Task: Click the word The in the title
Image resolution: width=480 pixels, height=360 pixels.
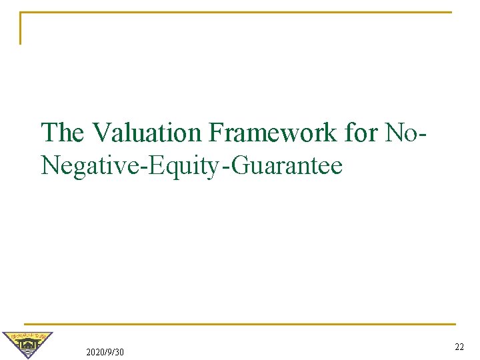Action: (x=63, y=133)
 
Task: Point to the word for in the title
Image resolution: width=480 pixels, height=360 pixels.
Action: (x=361, y=133)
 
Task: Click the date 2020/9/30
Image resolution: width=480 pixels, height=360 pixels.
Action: (x=105, y=352)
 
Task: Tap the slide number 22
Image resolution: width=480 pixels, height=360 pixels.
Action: (x=459, y=347)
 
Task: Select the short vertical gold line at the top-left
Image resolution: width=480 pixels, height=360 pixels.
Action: (x=20, y=28)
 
